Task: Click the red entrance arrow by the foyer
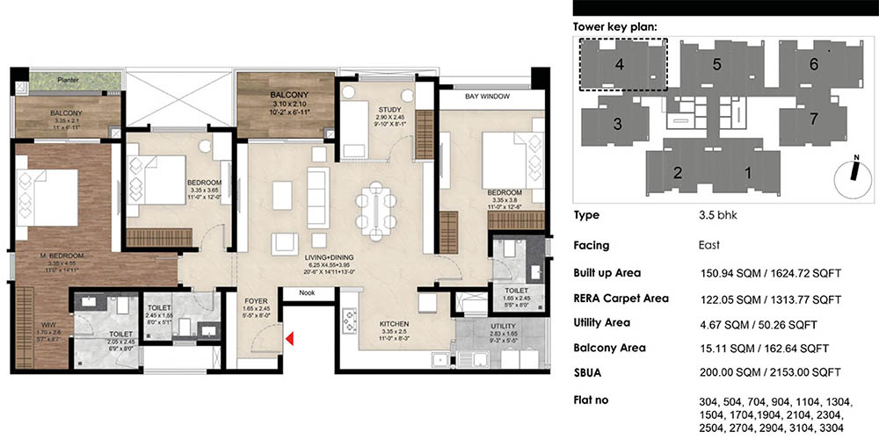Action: (x=289, y=335)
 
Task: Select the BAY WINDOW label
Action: (x=487, y=96)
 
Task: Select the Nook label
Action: (x=306, y=292)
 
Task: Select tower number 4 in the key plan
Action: (x=619, y=64)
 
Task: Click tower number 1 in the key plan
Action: (x=748, y=173)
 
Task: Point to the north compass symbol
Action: (x=848, y=170)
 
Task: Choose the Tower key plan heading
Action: (x=614, y=26)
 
